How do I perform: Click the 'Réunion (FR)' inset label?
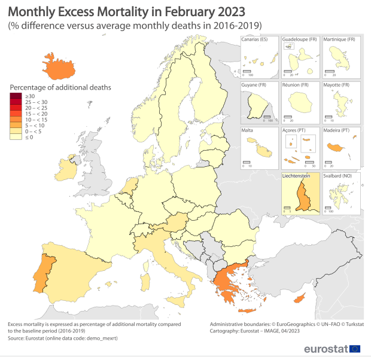click(x=297, y=85)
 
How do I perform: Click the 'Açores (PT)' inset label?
click(x=295, y=130)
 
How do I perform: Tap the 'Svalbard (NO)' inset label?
click(x=339, y=176)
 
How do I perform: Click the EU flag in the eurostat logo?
click(x=354, y=349)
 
